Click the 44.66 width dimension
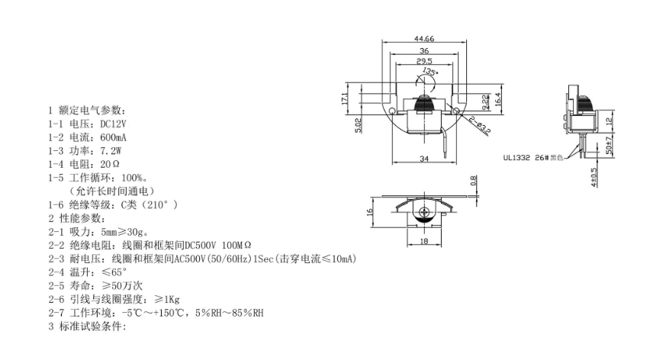(424, 39)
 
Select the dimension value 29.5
(424, 61)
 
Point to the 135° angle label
(430, 72)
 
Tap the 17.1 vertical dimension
(344, 98)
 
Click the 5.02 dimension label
(359, 126)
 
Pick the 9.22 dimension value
(485, 102)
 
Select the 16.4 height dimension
(498, 98)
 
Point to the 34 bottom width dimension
(424, 159)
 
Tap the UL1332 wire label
(516, 158)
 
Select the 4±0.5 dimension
(594, 177)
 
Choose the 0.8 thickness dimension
(474, 181)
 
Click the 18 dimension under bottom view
(424, 241)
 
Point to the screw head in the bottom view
(424, 212)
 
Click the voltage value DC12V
(114, 124)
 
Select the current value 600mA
(113, 137)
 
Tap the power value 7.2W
(111, 150)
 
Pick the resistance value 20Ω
(110, 164)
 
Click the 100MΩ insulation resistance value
(237, 245)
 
